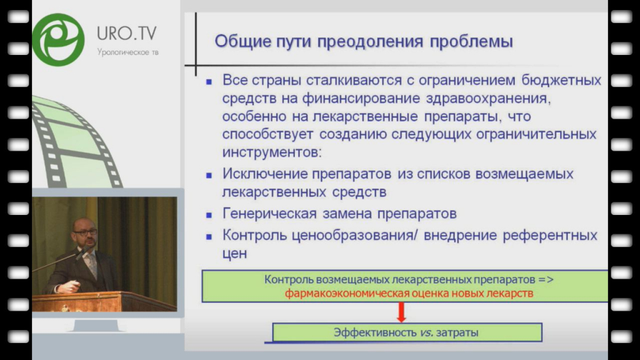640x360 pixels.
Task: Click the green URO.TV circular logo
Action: [58, 39]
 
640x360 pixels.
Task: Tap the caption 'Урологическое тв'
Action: [127, 52]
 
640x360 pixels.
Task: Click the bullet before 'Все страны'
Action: [209, 82]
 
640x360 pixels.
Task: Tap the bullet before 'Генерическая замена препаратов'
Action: [209, 215]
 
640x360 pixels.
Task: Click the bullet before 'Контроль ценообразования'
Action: [209, 237]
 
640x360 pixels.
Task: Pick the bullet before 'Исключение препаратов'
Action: [209, 176]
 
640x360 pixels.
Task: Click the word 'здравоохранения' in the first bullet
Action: [488, 99]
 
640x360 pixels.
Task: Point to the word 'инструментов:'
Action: [272, 152]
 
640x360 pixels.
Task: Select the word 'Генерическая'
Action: [269, 214]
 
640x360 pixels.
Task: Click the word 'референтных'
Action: [550, 236]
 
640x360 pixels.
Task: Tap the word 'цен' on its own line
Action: [235, 254]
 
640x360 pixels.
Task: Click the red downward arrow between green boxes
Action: [401, 312]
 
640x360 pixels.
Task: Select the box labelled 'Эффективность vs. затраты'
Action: [407, 332]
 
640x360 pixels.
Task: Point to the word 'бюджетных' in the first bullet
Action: [561, 80]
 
